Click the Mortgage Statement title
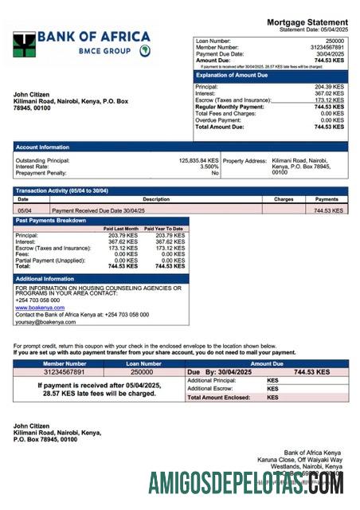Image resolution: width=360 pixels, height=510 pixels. point(307,22)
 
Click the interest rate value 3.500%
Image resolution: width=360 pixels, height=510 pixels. point(208,167)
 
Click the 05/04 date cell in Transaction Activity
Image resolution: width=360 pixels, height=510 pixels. point(24,210)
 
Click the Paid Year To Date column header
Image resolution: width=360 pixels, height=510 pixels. point(165,229)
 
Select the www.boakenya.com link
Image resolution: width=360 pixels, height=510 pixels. point(37,305)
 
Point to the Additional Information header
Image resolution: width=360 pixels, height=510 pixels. point(46,279)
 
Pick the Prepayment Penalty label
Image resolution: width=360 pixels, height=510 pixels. point(41,173)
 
